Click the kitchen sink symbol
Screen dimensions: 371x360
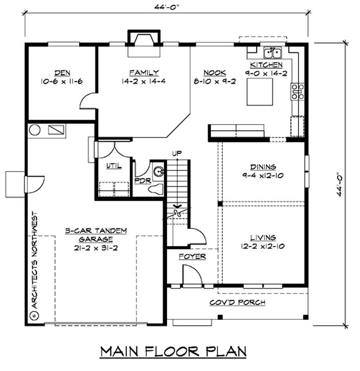point(273,53)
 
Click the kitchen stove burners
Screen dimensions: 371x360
point(297,91)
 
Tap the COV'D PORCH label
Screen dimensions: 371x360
point(237,302)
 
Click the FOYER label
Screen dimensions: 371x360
point(192,256)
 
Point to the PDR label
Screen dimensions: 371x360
point(141,180)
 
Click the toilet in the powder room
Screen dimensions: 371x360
point(155,189)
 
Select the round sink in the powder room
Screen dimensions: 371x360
point(158,171)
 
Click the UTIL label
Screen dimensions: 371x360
point(113,165)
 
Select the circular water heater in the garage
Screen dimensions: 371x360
point(35,130)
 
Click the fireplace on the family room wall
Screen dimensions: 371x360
point(144,44)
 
